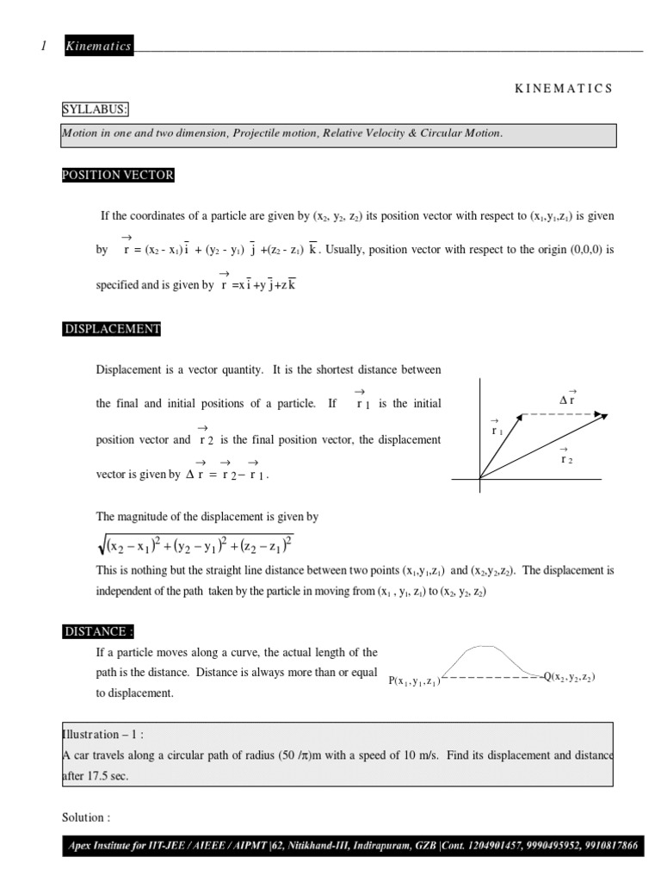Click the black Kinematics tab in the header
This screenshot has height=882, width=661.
click(x=98, y=47)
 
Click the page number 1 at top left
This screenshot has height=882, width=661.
click(x=43, y=47)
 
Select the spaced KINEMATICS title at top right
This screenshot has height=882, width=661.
click(x=564, y=88)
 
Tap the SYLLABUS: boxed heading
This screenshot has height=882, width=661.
click(x=95, y=109)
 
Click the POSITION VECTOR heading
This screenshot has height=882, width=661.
click(x=117, y=175)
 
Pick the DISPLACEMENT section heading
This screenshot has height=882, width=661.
click(x=111, y=329)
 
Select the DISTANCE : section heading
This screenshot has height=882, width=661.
click(x=99, y=631)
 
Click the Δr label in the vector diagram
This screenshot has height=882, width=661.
click(x=567, y=400)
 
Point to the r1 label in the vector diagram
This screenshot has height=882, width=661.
click(x=497, y=428)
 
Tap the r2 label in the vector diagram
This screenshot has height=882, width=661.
click(x=565, y=458)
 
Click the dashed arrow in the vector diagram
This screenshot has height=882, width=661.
click(x=564, y=415)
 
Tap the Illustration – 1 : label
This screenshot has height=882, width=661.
click(x=102, y=734)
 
